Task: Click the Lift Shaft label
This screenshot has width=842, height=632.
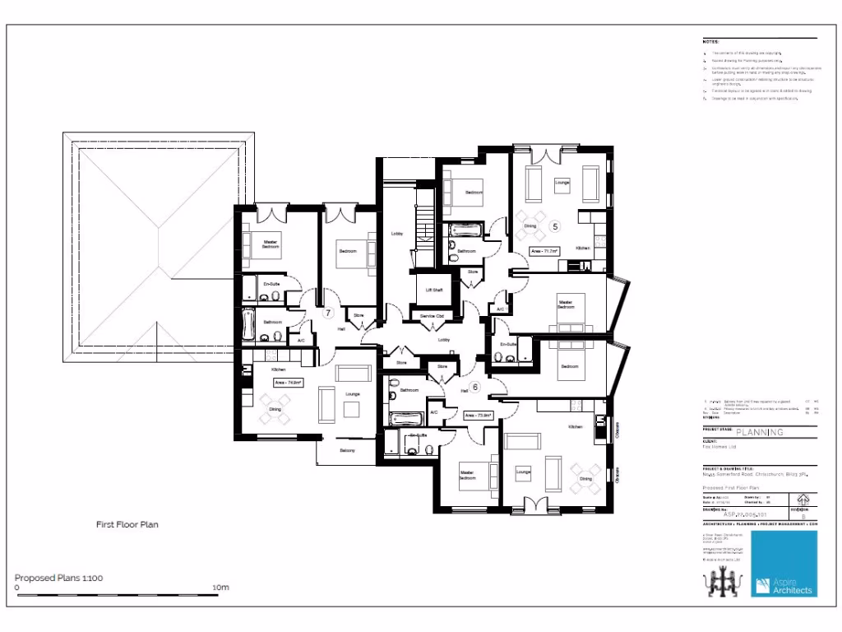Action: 434,290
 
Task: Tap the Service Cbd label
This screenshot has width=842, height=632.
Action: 432,316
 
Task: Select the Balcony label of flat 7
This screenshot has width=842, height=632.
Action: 348,450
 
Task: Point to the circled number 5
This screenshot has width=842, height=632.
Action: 554,225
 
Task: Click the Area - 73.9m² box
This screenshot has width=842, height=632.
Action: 478,416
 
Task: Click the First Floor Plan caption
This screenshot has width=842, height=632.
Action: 127,523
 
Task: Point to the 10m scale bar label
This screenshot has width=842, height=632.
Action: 220,588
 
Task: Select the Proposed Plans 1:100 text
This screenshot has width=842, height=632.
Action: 58,577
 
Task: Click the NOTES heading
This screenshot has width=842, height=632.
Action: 710,40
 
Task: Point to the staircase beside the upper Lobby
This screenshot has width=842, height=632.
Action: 425,225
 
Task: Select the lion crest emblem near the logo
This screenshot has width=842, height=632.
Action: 719,583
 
